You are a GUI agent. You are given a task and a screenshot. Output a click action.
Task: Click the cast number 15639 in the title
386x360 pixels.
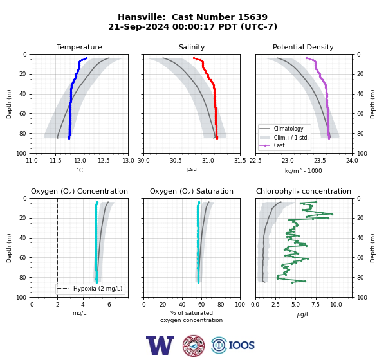253,17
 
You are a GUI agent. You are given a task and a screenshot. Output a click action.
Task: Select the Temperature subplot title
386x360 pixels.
79,47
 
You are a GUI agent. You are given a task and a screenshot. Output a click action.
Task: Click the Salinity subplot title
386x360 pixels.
192,47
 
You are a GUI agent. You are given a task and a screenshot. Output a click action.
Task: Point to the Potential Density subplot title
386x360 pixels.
303,47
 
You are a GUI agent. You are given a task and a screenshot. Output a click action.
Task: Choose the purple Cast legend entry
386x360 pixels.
279,145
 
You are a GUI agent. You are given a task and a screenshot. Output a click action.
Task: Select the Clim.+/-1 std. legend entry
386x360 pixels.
291,138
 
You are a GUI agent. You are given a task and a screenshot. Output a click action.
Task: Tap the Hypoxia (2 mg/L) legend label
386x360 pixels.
98,289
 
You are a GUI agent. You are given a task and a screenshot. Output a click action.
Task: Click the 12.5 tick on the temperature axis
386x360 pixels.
104,161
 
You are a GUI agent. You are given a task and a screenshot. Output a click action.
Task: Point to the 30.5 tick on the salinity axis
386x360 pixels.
176,161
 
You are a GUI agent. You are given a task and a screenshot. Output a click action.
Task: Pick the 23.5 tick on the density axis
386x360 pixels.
320,161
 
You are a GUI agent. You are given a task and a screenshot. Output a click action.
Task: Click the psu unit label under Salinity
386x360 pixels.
192,169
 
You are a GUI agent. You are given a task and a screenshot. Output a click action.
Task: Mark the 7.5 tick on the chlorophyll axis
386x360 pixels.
315,305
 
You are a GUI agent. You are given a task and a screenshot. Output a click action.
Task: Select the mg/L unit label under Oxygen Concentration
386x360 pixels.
80,313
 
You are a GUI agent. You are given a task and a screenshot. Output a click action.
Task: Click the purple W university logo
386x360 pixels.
160,345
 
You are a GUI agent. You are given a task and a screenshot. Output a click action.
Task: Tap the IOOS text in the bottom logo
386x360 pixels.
241,345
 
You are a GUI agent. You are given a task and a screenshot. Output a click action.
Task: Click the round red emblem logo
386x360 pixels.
194,345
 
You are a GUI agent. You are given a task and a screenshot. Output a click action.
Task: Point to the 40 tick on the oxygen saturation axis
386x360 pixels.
182,305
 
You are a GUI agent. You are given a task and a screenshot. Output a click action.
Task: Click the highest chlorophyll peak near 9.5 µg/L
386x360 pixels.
332,214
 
